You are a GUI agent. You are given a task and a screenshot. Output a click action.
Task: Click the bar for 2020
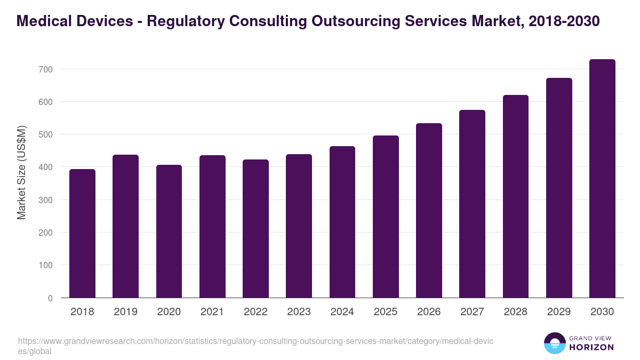(x=169, y=231)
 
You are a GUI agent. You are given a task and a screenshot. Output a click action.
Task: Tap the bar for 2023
(x=299, y=226)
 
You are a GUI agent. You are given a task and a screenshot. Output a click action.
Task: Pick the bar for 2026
(x=429, y=211)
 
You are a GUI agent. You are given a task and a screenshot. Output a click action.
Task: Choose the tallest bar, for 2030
(x=602, y=179)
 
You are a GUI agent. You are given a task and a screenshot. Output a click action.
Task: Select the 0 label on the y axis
(x=50, y=298)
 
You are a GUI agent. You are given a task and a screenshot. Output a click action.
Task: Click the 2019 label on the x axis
(x=125, y=312)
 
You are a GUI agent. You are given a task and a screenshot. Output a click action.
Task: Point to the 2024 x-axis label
(x=342, y=312)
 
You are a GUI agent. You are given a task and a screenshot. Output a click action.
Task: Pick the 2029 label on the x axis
(x=559, y=312)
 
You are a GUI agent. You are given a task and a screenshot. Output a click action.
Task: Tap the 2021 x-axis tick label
(x=212, y=312)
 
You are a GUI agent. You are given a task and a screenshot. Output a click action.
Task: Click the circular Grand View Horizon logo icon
(x=555, y=343)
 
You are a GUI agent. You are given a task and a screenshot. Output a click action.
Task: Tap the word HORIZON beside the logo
(x=592, y=347)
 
